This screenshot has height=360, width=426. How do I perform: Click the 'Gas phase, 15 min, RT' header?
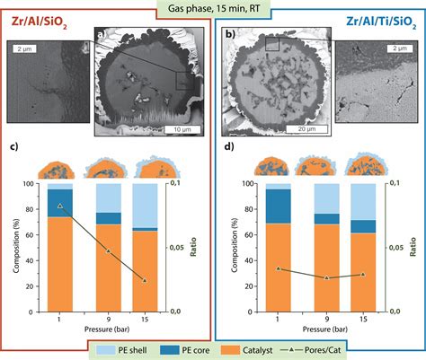click(213, 9)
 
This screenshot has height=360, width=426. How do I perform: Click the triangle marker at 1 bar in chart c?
click(60, 206)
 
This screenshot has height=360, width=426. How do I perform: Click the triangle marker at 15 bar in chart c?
click(145, 281)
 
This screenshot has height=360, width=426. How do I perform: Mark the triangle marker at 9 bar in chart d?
click(327, 277)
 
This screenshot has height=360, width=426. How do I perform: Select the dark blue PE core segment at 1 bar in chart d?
click(279, 206)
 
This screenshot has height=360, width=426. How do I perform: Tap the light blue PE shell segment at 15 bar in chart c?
click(145, 206)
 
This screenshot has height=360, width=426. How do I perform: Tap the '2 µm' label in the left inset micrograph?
click(24, 49)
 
